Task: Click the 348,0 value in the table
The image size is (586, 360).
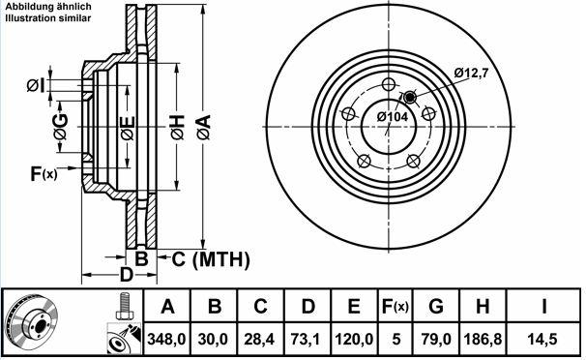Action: coord(166,340)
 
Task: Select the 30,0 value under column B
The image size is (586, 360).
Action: coord(213,340)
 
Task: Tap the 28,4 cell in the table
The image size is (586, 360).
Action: coord(259,340)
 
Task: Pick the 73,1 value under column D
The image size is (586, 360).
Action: coord(306,340)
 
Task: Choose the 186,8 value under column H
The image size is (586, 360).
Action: coord(483,340)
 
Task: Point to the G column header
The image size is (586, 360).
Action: coord(436,307)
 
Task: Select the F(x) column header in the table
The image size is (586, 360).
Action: coord(396,307)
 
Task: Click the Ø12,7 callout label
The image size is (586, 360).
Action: coord(472,73)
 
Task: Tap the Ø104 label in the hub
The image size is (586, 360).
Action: coord(393,117)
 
